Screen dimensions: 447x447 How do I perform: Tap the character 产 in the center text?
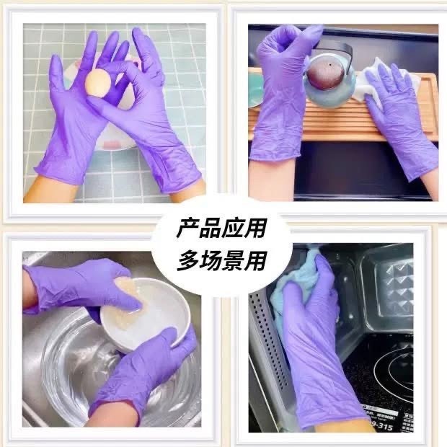(187, 228)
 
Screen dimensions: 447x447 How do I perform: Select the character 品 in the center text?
(210, 228)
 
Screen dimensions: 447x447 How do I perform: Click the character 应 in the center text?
(233, 228)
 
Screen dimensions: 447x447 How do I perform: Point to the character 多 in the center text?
(187, 260)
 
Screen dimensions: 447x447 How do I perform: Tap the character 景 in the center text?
(233, 260)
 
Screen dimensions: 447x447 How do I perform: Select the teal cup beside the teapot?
(255, 89)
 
